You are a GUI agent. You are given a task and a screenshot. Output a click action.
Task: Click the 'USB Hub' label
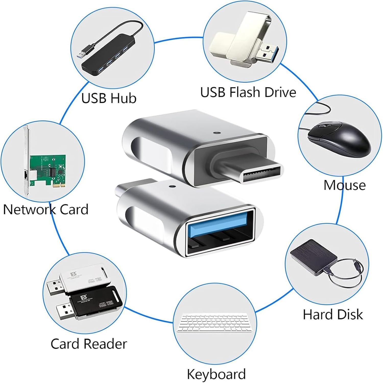[109, 98]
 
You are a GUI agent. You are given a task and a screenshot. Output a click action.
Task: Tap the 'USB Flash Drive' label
[248, 92]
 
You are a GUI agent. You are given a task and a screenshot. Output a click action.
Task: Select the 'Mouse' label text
[344, 185]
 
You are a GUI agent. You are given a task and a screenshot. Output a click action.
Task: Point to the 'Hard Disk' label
[333, 314]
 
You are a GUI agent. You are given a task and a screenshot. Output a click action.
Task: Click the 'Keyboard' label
[216, 374]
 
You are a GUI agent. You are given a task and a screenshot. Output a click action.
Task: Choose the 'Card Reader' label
[89, 344]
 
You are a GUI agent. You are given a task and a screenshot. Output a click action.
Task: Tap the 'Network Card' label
[46, 209]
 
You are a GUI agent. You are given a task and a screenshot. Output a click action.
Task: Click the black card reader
[94, 301]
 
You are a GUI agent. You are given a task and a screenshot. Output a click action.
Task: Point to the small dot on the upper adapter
[217, 133]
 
